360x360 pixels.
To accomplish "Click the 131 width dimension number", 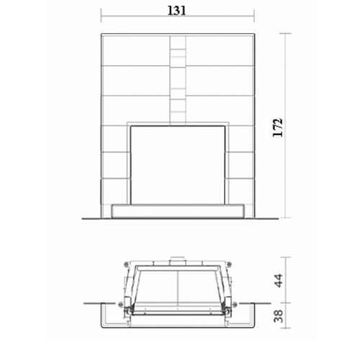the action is (x=176, y=11).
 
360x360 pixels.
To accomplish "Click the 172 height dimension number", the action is (x=278, y=127).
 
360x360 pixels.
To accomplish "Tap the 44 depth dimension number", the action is (x=279, y=280).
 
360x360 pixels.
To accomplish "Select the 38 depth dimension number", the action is (x=279, y=316).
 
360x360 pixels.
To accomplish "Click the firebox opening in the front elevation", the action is (x=178, y=165).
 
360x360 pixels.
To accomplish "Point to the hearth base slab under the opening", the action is (x=178, y=211).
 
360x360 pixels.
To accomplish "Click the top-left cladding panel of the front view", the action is (x=136, y=50).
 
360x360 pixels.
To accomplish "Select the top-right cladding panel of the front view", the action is (x=220, y=50).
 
